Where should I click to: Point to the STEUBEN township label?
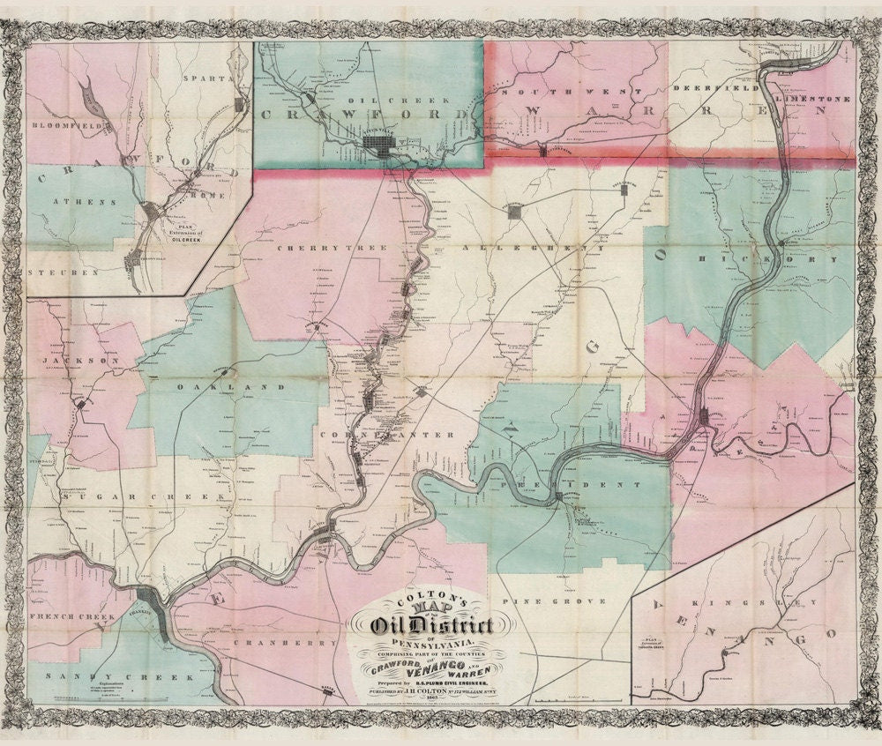62,272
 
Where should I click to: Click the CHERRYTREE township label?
332,249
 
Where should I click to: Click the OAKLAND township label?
232,386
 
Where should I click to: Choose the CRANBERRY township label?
287,644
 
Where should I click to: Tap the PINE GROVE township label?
553,601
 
